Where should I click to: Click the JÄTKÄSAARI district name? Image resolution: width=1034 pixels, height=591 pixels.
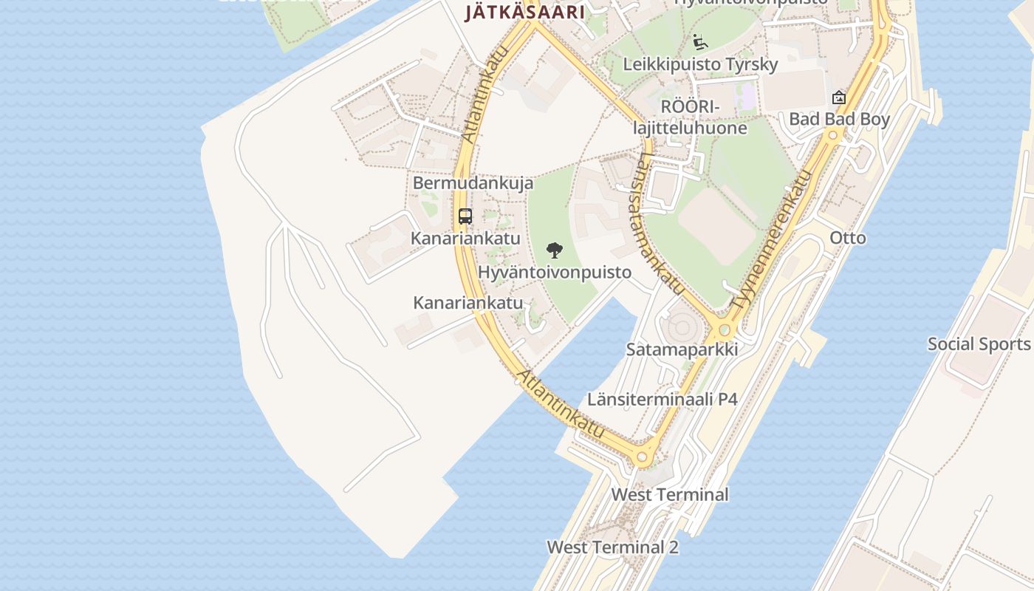tap(524, 12)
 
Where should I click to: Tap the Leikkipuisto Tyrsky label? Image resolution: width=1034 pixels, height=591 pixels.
tap(700, 64)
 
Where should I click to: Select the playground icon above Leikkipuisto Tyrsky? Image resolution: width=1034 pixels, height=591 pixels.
tap(699, 41)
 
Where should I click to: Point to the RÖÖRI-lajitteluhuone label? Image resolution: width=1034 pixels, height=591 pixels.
tap(690, 117)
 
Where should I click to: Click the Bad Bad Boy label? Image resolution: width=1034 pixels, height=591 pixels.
tap(839, 119)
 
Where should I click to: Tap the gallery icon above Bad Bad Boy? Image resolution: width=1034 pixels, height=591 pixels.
tap(838, 97)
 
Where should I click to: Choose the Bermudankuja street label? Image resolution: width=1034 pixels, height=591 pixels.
tap(473, 183)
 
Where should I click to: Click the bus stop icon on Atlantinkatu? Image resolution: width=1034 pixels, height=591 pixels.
tap(465, 216)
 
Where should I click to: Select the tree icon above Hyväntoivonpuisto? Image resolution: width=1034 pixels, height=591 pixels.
tap(554, 250)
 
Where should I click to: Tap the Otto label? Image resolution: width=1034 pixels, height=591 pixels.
tap(847, 238)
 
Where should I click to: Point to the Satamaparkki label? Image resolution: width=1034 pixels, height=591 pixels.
tap(682, 349)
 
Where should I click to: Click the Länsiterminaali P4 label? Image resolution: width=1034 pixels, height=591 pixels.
tap(662, 400)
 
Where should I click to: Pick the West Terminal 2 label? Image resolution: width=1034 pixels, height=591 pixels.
tap(612, 547)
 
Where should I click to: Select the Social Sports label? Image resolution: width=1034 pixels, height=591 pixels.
tap(979, 344)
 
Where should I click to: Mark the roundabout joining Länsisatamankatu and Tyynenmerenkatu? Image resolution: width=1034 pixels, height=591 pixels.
tap(725, 329)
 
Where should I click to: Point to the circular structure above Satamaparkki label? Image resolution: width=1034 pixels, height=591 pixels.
tap(680, 325)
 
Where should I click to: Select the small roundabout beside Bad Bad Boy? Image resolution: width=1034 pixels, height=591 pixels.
tap(833, 135)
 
